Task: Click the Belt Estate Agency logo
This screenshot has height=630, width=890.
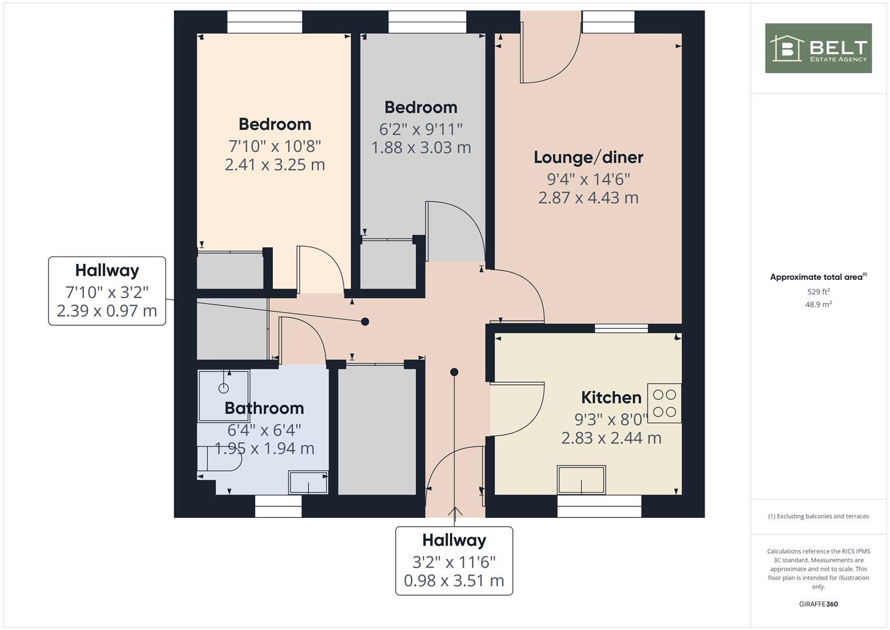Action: tap(818, 48)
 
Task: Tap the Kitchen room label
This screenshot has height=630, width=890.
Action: tap(611, 398)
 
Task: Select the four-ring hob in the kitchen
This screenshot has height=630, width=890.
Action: tap(664, 403)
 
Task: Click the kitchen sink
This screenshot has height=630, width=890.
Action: tap(581, 480)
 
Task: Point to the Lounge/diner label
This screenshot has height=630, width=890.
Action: tap(588, 157)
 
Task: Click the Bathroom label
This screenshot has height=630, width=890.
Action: tap(264, 408)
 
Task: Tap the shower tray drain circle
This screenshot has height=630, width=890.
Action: tap(224, 388)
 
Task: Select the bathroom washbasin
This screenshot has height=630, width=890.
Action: tap(308, 482)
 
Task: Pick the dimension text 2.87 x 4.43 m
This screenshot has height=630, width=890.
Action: tap(588, 198)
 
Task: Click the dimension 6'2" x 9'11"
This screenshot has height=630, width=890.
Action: tap(421, 129)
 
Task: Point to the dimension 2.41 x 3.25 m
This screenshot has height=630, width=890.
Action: tap(275, 165)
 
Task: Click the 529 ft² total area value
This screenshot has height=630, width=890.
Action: tap(818, 292)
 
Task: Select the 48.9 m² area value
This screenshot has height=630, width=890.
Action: tap(818, 304)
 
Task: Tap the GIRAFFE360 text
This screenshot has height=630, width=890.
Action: tap(818, 604)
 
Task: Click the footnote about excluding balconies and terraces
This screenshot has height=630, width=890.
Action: tap(818, 516)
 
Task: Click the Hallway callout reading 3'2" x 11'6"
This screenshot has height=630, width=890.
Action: tap(454, 561)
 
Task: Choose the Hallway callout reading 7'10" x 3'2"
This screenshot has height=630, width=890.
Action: tap(107, 291)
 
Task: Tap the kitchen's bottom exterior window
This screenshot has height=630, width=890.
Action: tap(599, 506)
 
